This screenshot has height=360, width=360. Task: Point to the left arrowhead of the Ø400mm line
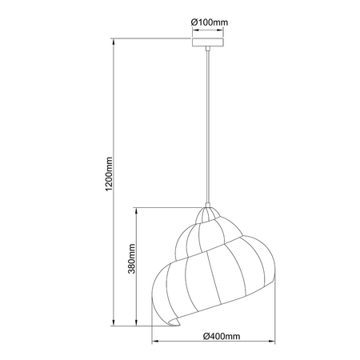[x=153, y=343]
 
